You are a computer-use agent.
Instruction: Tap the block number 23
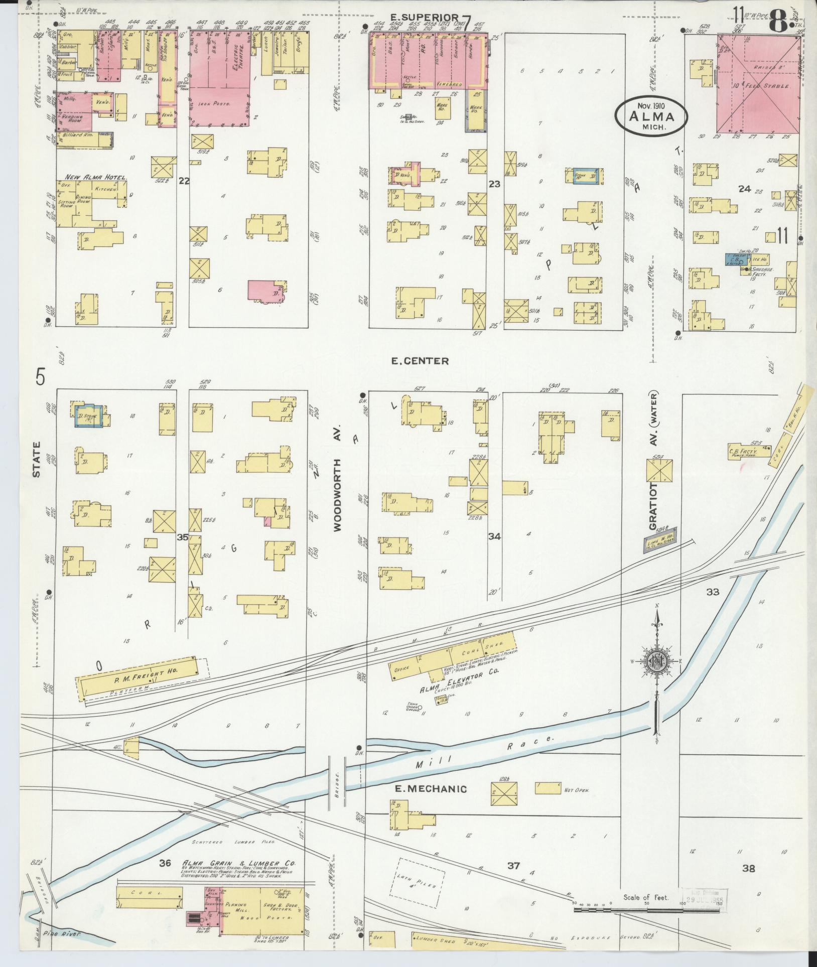coord(495,184)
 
